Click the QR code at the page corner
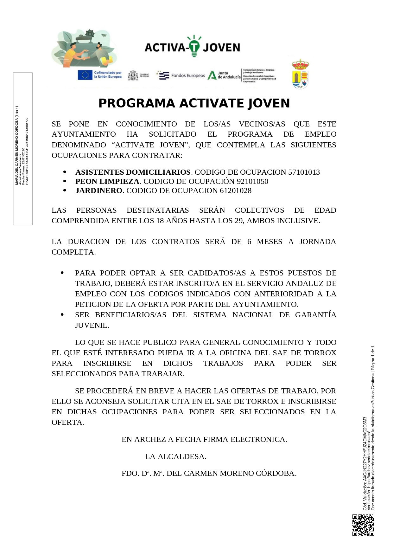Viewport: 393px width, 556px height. (x=363, y=525)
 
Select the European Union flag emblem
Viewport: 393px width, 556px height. (x=85, y=75)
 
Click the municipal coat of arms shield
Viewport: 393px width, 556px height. (x=300, y=74)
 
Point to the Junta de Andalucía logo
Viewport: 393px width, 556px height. (x=224, y=75)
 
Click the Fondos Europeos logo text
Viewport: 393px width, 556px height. (x=188, y=75)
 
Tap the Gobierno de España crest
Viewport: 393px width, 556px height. (x=133, y=75)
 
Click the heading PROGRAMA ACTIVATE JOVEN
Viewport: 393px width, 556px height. (x=194, y=103)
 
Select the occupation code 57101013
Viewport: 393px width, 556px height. (x=304, y=172)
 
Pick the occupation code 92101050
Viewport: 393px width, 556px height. (x=252, y=181)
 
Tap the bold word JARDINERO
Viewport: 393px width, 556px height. (x=99, y=191)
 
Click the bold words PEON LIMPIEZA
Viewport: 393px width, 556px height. (x=107, y=181)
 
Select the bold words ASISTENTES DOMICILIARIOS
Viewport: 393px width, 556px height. (x=133, y=172)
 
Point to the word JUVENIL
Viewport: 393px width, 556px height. (x=92, y=325)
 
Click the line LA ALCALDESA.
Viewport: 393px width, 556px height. (x=175, y=456)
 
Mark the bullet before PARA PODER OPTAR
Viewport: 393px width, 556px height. (x=62, y=273)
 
